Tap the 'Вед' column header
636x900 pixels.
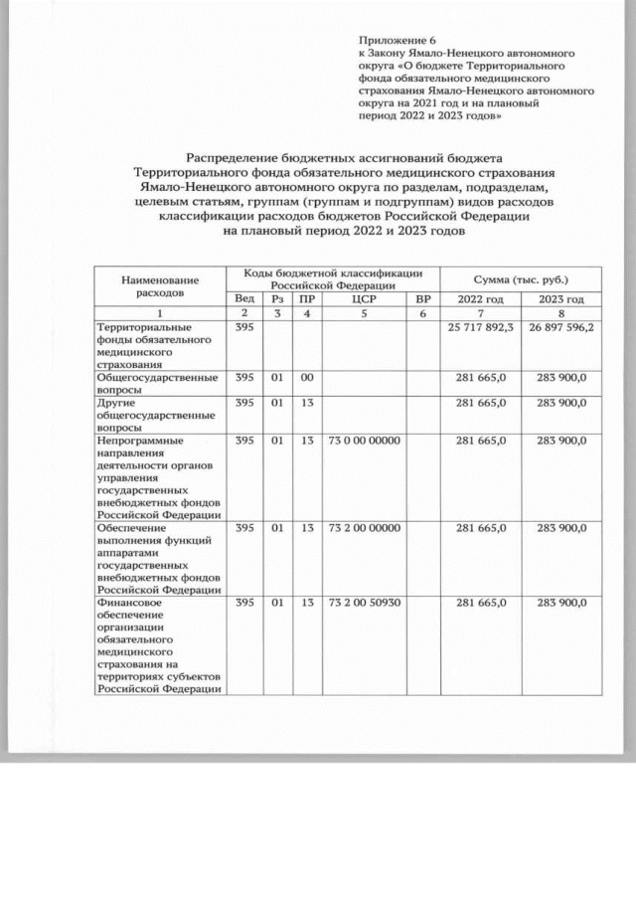coord(243,298)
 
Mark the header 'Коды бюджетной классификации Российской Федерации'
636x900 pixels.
coord(334,277)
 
